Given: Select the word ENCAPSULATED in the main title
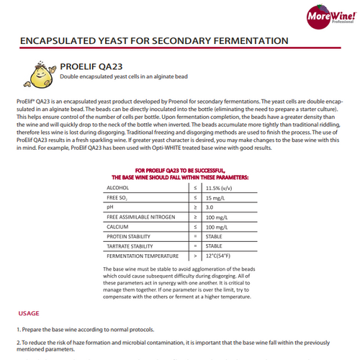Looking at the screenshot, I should pyautogui.click(x=60, y=40).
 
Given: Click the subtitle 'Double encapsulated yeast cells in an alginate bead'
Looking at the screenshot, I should pyautogui.click(x=136, y=77).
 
